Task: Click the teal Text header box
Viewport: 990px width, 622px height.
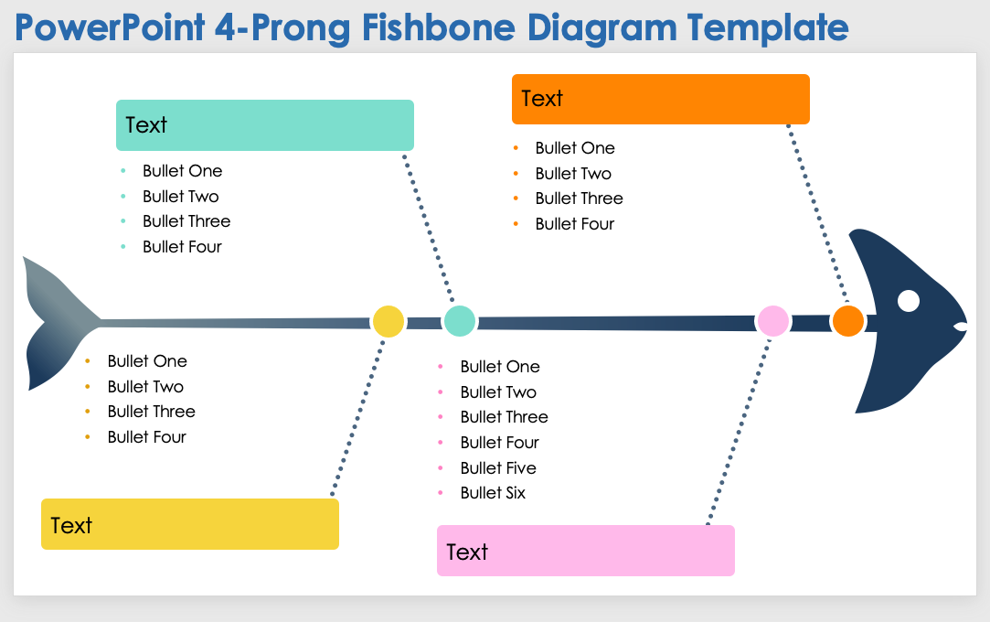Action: [x=264, y=125]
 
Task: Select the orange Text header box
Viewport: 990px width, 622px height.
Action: [x=660, y=99]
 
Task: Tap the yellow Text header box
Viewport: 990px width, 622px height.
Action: [x=189, y=524]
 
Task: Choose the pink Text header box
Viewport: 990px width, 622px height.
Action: [x=585, y=551]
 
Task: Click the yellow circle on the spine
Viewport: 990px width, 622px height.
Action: [x=388, y=321]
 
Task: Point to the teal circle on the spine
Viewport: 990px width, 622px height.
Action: [x=459, y=321]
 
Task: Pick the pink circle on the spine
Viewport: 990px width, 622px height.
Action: [x=772, y=321]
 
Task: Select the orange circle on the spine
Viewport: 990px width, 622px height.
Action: [x=848, y=321]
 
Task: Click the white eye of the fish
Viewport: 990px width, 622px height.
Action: [x=909, y=301]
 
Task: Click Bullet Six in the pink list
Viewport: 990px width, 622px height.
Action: [x=493, y=493]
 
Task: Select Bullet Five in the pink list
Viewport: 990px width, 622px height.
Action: [x=498, y=468]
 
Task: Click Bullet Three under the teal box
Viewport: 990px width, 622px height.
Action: [x=186, y=221]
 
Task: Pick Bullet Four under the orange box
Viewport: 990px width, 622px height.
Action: [x=575, y=224]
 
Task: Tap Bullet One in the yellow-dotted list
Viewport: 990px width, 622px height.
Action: [x=147, y=361]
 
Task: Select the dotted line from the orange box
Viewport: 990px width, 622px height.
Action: [x=818, y=215]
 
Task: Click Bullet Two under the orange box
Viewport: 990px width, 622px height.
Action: [x=573, y=174]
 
